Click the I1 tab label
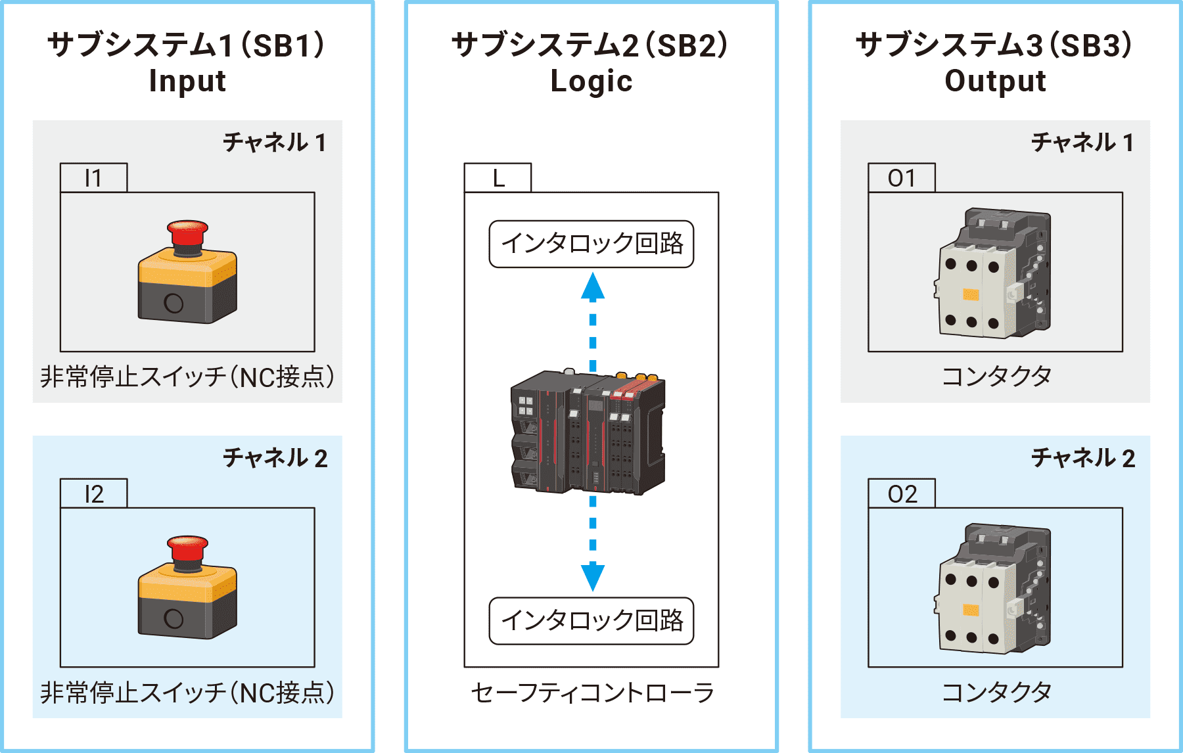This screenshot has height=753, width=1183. (93, 178)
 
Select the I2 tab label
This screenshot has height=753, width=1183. (93, 494)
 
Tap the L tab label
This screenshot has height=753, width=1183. (498, 178)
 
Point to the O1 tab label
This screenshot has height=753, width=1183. (901, 178)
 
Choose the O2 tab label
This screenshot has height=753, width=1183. (902, 494)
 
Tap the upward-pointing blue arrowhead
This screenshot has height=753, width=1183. (593, 286)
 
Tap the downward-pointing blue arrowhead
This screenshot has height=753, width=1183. (593, 577)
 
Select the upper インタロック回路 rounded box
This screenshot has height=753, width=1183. (591, 244)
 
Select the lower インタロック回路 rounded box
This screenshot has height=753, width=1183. (591, 621)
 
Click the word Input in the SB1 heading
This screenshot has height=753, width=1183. (187, 81)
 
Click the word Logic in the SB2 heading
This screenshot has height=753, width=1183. (591, 81)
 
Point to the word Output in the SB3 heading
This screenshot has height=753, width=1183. (995, 81)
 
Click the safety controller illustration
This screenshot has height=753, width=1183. (588, 434)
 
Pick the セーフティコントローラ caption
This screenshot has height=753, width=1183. (591, 693)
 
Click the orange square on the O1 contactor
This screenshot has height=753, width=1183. (971, 294)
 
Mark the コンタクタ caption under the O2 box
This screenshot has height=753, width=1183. (996, 692)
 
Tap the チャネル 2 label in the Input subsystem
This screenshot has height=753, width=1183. (275, 458)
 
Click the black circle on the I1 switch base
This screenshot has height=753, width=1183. (174, 303)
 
